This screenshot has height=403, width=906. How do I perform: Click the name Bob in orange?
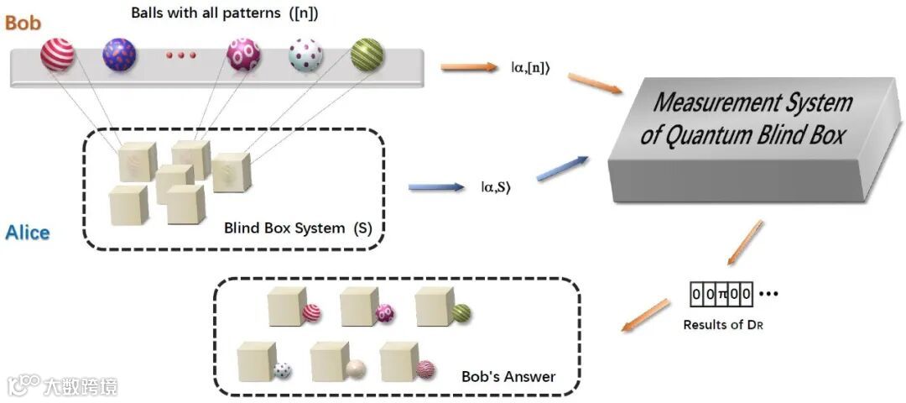click(x=23, y=23)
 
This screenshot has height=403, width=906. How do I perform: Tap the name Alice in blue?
click(x=28, y=232)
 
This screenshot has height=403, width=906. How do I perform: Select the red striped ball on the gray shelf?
click(x=57, y=55)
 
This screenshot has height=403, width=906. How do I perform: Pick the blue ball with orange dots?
click(x=119, y=55)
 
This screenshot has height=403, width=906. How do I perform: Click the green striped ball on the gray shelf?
click(x=367, y=55)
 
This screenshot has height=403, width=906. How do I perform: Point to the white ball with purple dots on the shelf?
click(x=305, y=55)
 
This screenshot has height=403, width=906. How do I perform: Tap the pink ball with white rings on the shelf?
click(x=243, y=55)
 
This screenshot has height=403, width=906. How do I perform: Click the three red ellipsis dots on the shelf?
click(x=180, y=55)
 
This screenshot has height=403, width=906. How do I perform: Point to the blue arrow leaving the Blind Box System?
click(x=435, y=186)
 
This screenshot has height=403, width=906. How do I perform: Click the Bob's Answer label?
click(x=508, y=376)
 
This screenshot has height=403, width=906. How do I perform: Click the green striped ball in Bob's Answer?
click(x=461, y=313)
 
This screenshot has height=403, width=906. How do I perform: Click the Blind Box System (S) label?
click(x=297, y=228)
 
